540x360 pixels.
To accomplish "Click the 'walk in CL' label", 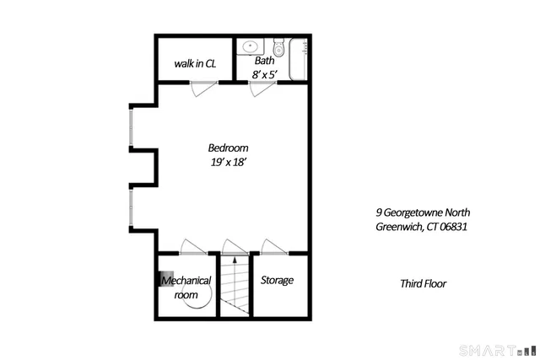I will (195, 62).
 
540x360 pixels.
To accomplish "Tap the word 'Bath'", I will (265, 61).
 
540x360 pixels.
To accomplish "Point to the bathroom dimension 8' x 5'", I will (265, 74).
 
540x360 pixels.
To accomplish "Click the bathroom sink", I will (251, 46).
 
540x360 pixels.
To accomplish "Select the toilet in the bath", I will (278, 46).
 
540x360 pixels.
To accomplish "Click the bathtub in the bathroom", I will (299, 59).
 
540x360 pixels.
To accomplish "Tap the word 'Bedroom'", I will (228, 148).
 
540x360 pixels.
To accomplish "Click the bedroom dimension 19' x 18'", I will (228, 163).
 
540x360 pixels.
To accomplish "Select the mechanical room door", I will (192, 246).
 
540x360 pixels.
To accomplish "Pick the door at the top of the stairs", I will (231, 246).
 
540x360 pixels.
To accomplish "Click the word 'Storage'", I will (277, 280).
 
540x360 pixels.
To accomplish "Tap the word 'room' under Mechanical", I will (186, 295).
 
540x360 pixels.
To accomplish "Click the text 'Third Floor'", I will (423, 284).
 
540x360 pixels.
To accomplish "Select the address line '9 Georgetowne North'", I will (423, 212).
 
